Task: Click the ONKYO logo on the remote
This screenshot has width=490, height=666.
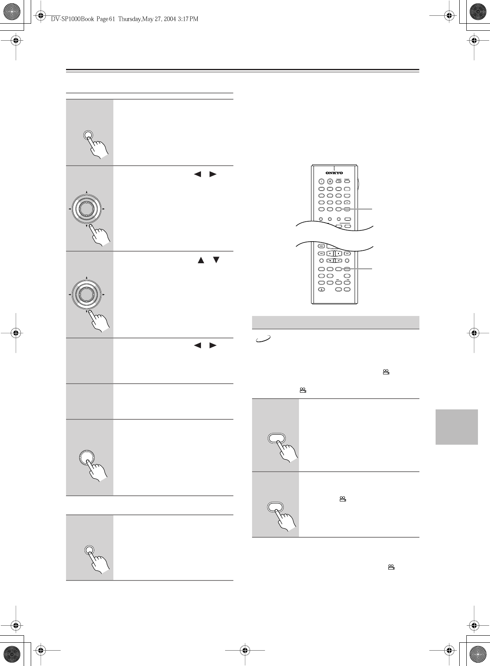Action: (x=334, y=173)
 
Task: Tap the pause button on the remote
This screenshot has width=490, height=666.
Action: (x=329, y=253)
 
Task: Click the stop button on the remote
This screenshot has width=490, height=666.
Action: (x=338, y=253)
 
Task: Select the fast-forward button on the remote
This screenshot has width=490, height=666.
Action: (x=347, y=253)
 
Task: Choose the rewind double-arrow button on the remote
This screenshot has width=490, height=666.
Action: (x=321, y=253)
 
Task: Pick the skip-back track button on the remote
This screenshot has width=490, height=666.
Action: (x=321, y=246)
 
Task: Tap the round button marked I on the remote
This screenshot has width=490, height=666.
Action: (x=321, y=181)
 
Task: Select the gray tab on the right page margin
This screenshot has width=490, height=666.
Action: (x=456, y=426)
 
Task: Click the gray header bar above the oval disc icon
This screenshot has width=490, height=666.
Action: (x=336, y=322)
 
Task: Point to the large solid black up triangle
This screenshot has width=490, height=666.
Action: (x=201, y=260)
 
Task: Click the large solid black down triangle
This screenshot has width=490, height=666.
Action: (x=216, y=260)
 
